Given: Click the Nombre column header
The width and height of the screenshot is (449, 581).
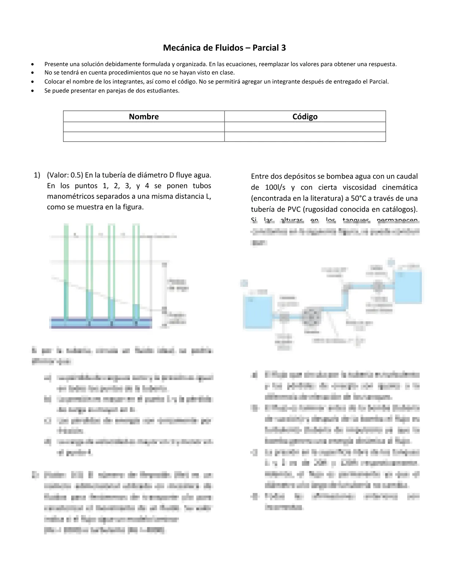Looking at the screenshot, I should [x=144, y=117].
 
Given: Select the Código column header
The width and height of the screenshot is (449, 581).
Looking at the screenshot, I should [x=305, y=117].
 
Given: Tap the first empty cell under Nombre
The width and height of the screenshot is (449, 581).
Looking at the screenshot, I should [x=144, y=127].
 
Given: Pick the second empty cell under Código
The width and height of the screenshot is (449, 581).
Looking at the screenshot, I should [x=305, y=137].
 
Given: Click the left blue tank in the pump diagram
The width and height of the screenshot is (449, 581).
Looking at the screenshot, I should [x=258, y=312].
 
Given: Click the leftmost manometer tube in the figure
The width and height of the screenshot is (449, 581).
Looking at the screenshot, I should [x=66, y=271].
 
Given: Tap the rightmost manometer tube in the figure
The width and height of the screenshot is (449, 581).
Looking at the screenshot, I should [x=136, y=271].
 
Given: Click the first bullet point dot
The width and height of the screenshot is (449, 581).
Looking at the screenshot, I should [x=34, y=64].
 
